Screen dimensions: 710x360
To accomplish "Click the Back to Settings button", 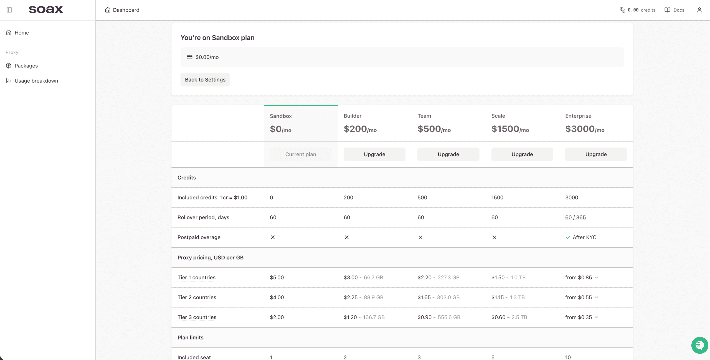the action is tap(205, 80).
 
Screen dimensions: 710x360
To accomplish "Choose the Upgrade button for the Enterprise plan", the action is tap(596, 154).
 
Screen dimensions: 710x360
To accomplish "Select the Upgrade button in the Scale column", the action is tap(522, 154).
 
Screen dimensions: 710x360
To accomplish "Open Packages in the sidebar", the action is tap(26, 66).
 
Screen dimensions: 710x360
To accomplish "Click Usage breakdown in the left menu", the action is tap(36, 81).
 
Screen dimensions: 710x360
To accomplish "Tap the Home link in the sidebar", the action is tap(22, 33).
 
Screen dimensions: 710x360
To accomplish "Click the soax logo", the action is tap(46, 10).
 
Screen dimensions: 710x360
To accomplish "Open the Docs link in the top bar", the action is tap(674, 10).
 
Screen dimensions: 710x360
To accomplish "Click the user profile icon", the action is tap(699, 10).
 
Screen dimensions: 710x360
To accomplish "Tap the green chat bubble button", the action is tap(700, 345).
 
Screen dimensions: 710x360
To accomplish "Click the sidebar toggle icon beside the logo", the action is tap(9, 10).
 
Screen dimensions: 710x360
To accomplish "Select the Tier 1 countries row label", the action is tap(196, 277).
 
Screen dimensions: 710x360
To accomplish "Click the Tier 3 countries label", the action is tap(197, 317).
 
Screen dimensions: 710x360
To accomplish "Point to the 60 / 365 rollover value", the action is tap(575, 217).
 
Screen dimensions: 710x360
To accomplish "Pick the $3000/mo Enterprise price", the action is tap(585, 129).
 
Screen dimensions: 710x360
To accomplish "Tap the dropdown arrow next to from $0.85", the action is tap(597, 277).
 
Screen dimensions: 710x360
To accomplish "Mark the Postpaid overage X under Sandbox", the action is tap(273, 237).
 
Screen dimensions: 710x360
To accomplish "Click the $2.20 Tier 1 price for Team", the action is tap(425, 277).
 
